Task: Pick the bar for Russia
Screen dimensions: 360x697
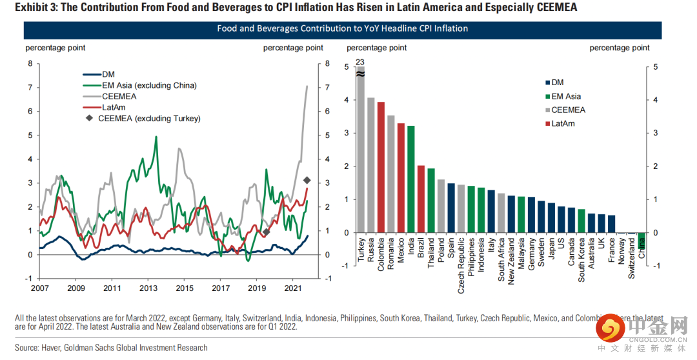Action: click(x=370, y=165)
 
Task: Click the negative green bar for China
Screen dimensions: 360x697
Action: click(x=641, y=240)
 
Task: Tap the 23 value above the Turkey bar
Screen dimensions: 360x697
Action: click(x=359, y=61)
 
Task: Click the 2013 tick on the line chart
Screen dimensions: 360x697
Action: click(x=149, y=288)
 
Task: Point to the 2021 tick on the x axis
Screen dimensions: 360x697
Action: click(x=294, y=288)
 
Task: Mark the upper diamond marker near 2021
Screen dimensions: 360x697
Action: click(x=307, y=180)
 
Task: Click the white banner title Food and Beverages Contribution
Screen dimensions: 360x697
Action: click(x=342, y=28)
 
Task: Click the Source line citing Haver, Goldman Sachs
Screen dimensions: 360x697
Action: click(x=111, y=348)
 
